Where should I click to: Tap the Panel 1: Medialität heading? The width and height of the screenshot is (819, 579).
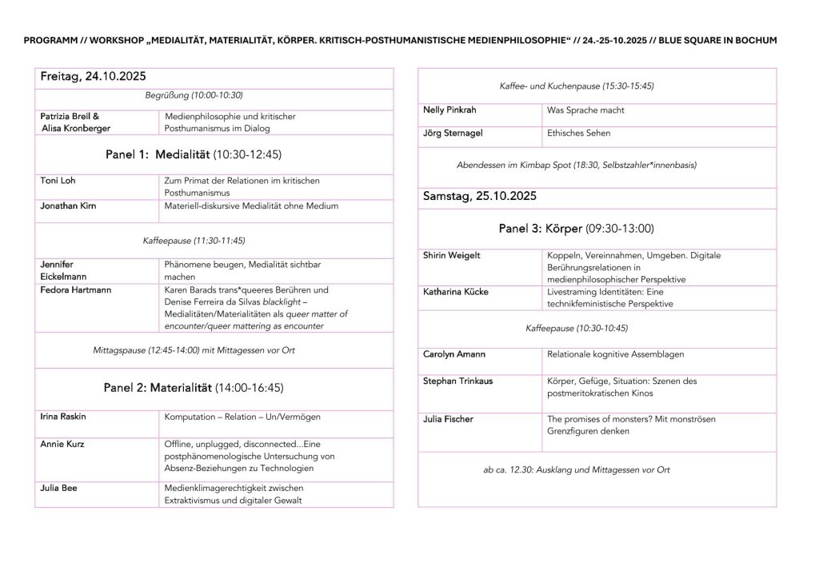[193, 154]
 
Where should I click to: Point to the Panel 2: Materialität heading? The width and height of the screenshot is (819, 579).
[193, 388]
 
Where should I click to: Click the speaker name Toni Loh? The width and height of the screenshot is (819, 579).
[58, 181]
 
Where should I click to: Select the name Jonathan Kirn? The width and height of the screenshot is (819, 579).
[68, 206]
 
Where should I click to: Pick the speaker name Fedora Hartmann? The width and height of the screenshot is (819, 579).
[74, 289]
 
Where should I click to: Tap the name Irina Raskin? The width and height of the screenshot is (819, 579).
[63, 417]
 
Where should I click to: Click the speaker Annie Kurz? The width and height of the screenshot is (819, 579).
[62, 443]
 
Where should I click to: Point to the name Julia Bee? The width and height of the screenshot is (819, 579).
[58, 487]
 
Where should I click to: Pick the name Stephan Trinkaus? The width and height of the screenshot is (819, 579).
[457, 381]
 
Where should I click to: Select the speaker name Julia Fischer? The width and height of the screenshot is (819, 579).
[448, 418]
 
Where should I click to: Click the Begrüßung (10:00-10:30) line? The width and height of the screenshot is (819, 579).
[194, 94]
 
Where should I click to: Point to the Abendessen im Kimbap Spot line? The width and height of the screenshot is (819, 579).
[576, 166]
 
